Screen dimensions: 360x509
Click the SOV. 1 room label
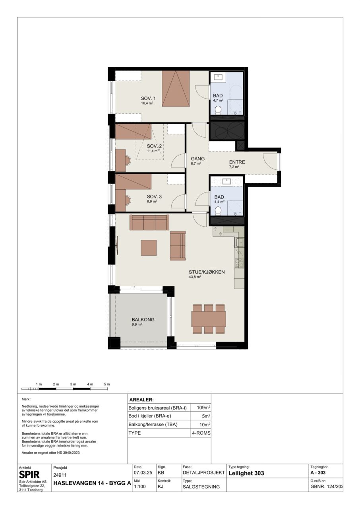coord(148,98)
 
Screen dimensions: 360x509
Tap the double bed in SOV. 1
coord(176,88)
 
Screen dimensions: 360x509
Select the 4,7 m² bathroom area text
coord(218,100)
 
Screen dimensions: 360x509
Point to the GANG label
coord(198,159)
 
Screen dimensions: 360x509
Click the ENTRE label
coord(237,162)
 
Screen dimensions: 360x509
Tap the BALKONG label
coord(143,319)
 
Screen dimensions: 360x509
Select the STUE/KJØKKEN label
coord(207,272)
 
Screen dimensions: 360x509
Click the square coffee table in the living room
coord(149,248)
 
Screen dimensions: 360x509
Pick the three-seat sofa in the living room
coord(149,222)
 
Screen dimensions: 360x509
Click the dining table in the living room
coord(209,319)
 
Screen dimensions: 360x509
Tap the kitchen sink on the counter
coord(240,242)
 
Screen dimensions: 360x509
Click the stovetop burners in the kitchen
coord(240,263)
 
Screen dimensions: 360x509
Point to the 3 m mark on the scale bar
coord(73,389)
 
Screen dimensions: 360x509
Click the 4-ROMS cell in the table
coord(201,433)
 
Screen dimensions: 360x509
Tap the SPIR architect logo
coord(29,474)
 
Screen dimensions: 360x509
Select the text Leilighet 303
coord(246,473)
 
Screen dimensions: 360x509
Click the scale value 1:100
coord(140,486)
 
